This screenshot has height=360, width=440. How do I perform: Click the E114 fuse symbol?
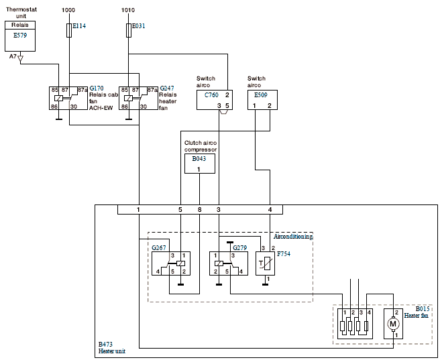click(x=69, y=31)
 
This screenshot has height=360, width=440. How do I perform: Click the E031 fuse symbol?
click(x=129, y=31)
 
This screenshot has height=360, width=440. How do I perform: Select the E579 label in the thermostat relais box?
click(x=20, y=36)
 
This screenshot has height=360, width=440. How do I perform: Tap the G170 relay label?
click(x=97, y=88)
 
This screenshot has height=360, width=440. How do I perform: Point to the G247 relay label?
click(x=167, y=88)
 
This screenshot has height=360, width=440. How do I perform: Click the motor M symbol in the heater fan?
click(x=393, y=324)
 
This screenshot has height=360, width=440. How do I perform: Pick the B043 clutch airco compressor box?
click(x=200, y=164)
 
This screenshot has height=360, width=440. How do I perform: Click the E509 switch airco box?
click(x=262, y=100)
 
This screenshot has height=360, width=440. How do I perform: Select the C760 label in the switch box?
click(x=211, y=95)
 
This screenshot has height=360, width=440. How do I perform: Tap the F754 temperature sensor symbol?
click(x=265, y=263)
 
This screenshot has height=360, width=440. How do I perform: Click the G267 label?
click(x=159, y=248)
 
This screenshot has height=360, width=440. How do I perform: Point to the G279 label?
click(x=240, y=248)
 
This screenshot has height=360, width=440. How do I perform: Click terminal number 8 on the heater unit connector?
click(x=199, y=209)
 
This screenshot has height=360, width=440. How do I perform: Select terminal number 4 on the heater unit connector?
click(x=270, y=209)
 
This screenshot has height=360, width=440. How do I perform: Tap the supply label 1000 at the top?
click(x=68, y=10)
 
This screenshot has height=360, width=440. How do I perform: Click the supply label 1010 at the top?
click(x=128, y=10)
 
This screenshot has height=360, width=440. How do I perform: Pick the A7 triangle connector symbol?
click(x=21, y=58)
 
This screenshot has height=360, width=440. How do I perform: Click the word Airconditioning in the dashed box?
click(x=293, y=237)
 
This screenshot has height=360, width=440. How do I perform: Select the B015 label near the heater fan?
click(x=423, y=309)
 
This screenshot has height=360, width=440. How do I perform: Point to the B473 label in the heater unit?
click(x=105, y=345)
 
